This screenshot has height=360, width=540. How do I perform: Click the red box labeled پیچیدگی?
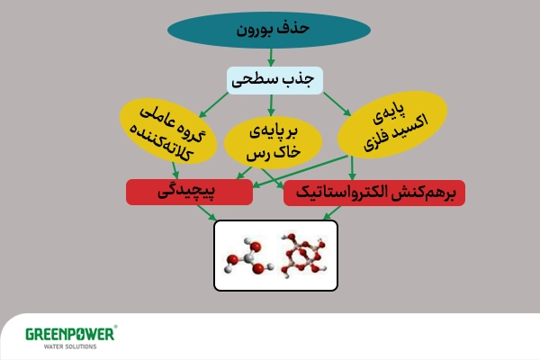(x=188, y=192)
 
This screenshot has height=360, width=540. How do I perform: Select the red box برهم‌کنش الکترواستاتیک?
(x=373, y=193)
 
